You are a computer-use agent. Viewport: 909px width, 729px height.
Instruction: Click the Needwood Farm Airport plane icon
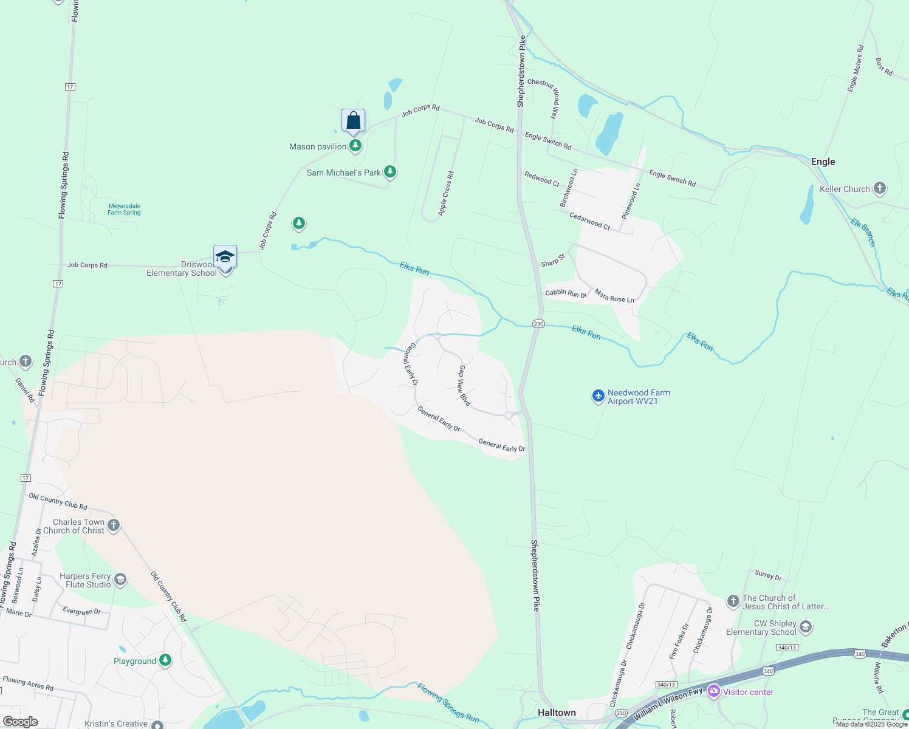[599, 397]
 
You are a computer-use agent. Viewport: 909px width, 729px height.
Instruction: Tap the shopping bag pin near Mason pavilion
[353, 121]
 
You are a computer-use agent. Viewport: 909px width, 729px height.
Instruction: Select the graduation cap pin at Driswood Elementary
[225, 258]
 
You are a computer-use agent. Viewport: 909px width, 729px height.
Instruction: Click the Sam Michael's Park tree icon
[390, 172]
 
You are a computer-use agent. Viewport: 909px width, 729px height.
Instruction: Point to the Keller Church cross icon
[880, 189]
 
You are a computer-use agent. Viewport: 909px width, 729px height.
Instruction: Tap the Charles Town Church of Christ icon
[114, 525]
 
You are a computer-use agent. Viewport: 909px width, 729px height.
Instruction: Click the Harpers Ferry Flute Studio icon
[120, 580]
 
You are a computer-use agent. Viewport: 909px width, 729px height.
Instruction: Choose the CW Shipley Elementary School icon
[806, 627]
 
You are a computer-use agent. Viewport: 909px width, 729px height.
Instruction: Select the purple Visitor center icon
[714, 691]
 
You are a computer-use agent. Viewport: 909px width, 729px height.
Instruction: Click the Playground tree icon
[165, 660]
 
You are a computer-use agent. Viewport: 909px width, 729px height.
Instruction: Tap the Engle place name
[823, 162]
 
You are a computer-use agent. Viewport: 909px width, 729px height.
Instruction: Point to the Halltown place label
[557, 713]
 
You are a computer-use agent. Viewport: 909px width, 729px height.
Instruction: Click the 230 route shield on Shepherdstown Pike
[538, 324]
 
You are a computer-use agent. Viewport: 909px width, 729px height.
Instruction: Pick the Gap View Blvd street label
[464, 386]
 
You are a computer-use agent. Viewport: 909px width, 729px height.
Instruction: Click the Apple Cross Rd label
[446, 193]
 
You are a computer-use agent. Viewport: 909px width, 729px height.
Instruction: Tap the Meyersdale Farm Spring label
[124, 209]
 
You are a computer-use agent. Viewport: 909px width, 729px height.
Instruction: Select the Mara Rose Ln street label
[614, 296]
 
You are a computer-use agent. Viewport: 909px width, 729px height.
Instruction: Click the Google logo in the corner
[20, 721]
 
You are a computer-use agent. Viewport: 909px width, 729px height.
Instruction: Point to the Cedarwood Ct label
[589, 221]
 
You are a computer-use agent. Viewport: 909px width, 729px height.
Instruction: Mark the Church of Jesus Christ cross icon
[733, 601]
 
